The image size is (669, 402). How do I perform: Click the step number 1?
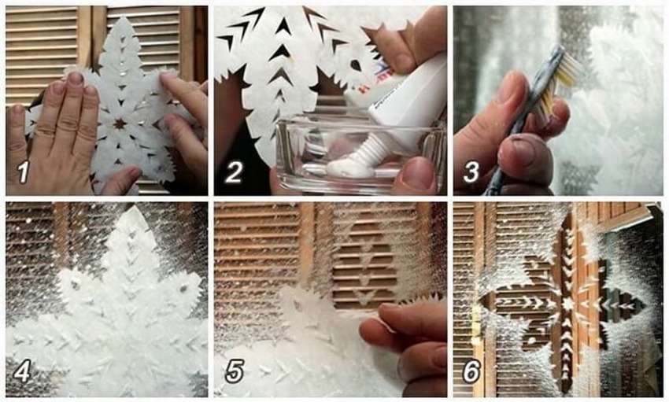coord(23,172)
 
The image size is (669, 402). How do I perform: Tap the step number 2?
coord(234,171)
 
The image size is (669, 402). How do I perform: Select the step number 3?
coord(471,172)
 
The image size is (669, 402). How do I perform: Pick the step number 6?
coord(471,371)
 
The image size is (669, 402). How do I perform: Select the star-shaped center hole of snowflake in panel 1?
coord(120,124)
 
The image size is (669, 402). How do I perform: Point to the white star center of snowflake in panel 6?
coord(568,304)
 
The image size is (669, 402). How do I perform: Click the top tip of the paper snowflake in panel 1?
coord(124,17)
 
